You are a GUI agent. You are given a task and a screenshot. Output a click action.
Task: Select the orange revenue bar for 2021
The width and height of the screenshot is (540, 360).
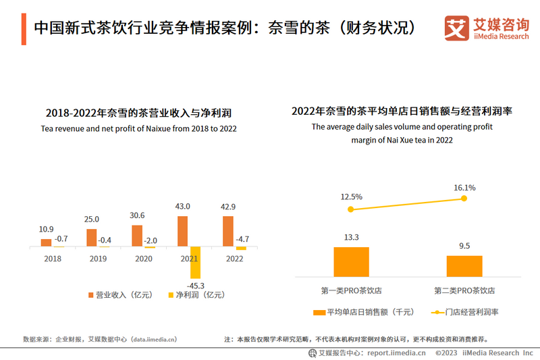coord(182,231)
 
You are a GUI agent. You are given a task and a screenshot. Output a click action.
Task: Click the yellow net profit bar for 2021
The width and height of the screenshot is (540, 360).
coord(196,263)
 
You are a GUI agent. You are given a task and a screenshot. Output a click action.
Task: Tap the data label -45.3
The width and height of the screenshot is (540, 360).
coord(197,286)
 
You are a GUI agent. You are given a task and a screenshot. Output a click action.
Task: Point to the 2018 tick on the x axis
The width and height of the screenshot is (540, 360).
coord(52,258)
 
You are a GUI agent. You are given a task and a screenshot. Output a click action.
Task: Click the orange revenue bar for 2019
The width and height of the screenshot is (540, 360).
coord(91,238)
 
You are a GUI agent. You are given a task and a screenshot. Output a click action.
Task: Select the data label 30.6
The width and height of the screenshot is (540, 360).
coord(137,215)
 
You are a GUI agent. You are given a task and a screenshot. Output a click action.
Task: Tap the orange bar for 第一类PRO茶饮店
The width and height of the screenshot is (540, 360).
coord(351,262)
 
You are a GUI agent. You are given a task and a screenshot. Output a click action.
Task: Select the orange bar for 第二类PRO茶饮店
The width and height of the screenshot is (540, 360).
coord(464,266)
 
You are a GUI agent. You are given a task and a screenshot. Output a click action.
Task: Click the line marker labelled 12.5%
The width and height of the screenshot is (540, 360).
coord(350,209)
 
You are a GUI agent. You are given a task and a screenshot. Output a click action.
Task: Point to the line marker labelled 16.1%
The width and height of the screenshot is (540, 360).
coord(464,198)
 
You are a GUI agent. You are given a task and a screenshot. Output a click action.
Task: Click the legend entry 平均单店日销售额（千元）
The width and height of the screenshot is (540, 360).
coord(364,312)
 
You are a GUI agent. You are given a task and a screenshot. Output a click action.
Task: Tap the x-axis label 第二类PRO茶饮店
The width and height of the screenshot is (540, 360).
coord(464,290)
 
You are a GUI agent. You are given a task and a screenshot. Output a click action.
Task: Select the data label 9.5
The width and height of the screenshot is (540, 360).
coord(464,246)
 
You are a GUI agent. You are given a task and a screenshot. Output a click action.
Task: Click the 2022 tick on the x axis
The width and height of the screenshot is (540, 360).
coord(234,258)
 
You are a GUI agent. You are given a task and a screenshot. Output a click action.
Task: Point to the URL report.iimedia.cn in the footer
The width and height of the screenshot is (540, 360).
coord(396,353)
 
